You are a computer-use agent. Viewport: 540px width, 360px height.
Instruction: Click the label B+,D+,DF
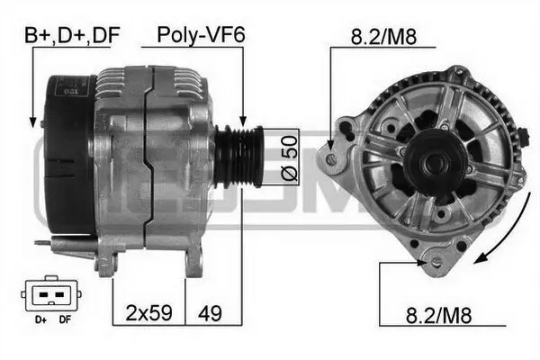72,36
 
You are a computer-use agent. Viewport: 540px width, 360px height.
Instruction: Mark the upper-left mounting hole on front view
333,158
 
